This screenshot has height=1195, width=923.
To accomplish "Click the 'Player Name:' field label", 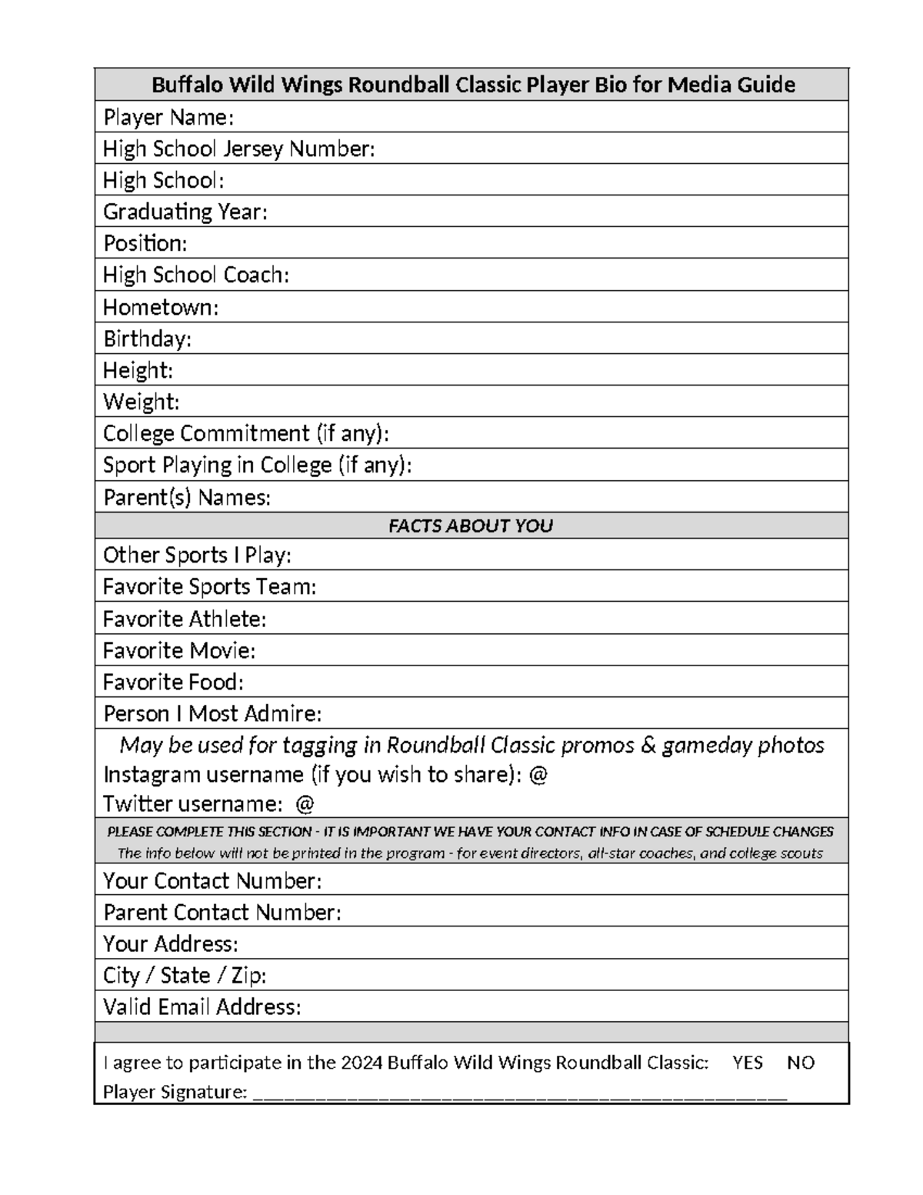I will (168, 117).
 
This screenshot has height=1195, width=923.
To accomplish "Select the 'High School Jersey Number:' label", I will (239, 149).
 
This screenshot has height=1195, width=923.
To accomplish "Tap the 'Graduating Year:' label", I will (185, 212).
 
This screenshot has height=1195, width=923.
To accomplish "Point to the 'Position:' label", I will (145, 243).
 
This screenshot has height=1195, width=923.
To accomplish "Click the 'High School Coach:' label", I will (196, 275).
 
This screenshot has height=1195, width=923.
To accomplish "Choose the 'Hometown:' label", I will (161, 307).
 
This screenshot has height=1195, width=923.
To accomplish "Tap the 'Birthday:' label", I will (147, 339).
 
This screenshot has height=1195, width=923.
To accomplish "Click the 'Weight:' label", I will (142, 402).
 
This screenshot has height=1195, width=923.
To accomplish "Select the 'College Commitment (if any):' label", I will (246, 433).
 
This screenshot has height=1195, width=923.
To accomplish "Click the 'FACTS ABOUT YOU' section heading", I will (471, 526).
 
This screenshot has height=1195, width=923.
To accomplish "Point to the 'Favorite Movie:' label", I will (179, 651).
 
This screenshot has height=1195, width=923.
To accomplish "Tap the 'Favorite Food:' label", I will (173, 683).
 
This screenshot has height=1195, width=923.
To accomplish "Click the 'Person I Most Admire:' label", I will (212, 714).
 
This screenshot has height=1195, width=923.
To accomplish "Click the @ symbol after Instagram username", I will (538, 774).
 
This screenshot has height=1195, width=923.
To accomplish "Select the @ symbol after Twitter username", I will (305, 804).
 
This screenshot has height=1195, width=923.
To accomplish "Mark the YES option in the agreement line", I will (748, 1063).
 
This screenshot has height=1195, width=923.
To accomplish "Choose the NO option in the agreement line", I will (801, 1063).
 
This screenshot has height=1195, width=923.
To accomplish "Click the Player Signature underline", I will (519, 1096).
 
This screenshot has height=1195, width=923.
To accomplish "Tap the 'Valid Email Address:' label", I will (202, 1006).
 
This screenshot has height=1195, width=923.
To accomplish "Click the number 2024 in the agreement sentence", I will (362, 1063).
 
